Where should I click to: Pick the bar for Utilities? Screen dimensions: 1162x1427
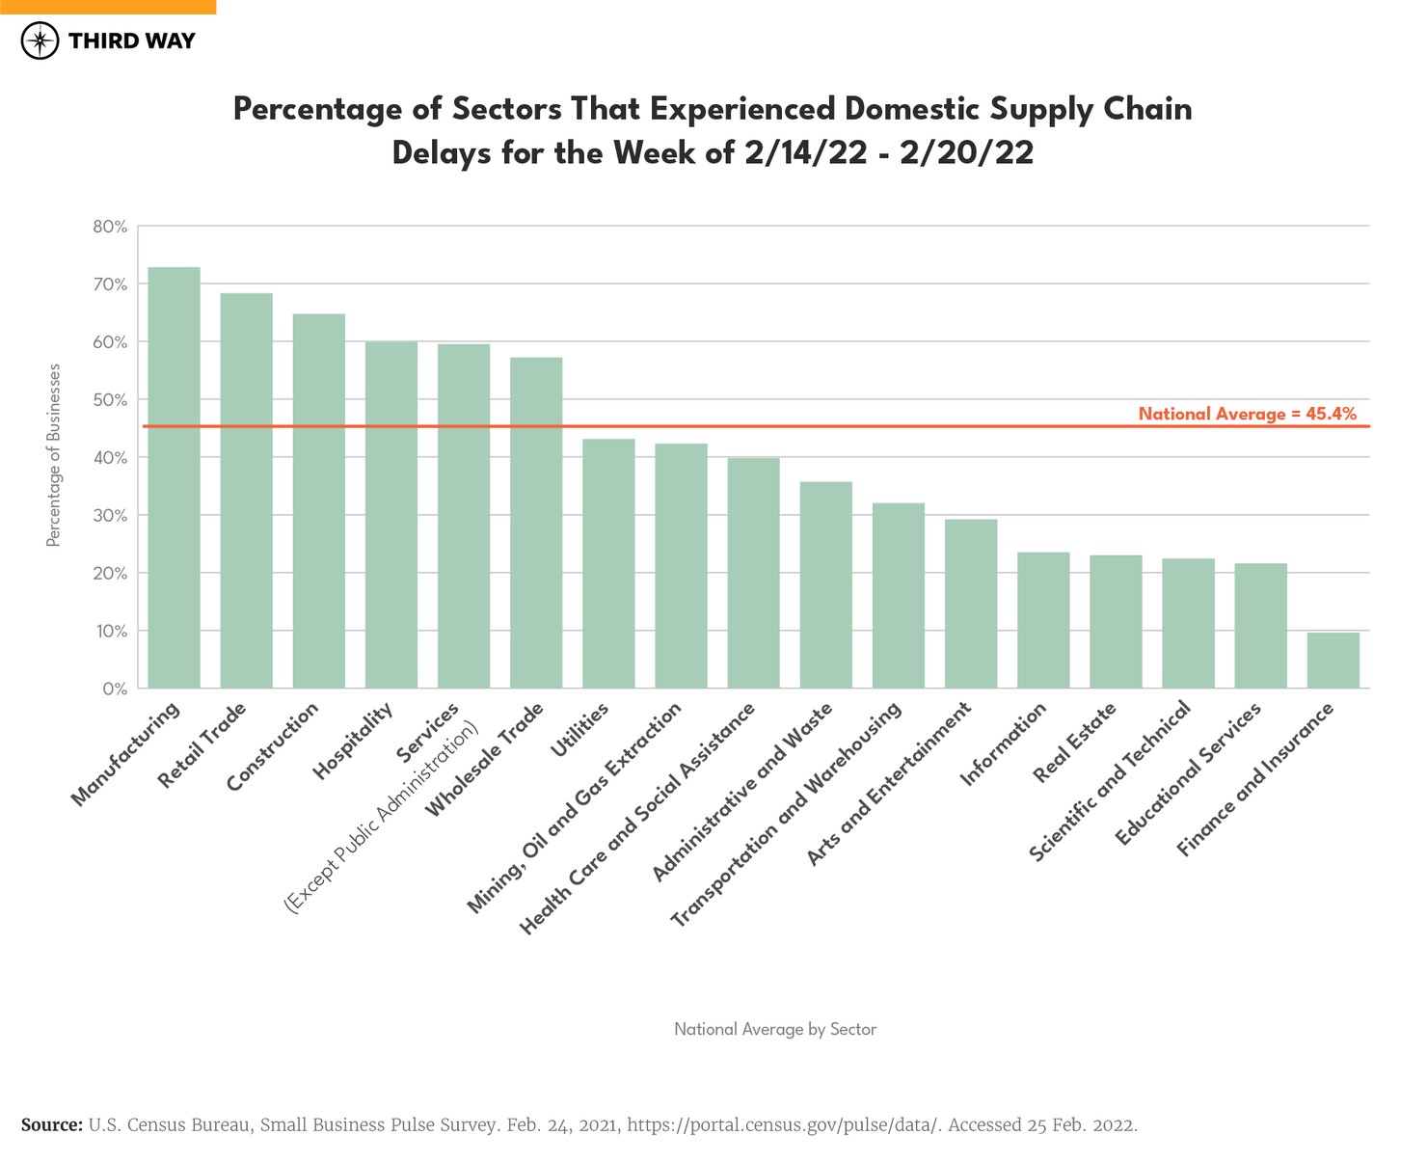pyautogui.click(x=608, y=563)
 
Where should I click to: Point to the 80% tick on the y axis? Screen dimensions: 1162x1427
pyautogui.click(x=110, y=227)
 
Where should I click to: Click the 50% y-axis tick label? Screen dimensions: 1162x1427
pyautogui.click(x=110, y=399)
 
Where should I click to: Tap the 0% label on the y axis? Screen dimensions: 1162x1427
pyautogui.click(x=115, y=689)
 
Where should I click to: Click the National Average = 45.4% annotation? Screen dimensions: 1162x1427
pyautogui.click(x=1247, y=414)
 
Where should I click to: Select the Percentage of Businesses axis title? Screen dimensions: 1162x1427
pyautogui.click(x=54, y=455)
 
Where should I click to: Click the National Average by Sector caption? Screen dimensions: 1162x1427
pyautogui.click(x=774, y=1029)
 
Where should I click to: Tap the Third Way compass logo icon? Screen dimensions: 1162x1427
pyautogui.click(x=40, y=41)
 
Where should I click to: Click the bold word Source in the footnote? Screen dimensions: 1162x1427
pyautogui.click(x=51, y=1125)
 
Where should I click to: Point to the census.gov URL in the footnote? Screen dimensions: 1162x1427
pyautogui.click(x=782, y=1125)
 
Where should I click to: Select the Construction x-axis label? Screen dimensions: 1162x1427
pyautogui.click(x=273, y=746)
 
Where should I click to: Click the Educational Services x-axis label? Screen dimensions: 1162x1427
pyautogui.click(x=1188, y=774)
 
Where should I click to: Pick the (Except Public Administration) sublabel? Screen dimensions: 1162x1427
pyautogui.click(x=381, y=816)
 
